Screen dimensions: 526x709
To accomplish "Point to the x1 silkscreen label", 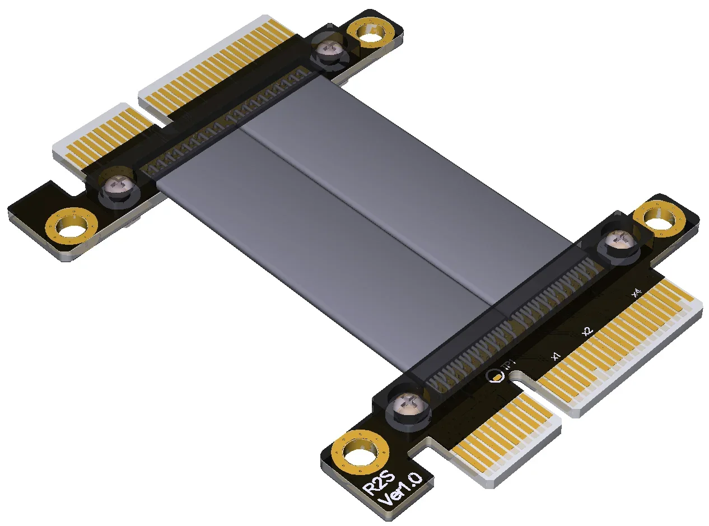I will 556,356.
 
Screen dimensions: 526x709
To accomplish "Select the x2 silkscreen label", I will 587,331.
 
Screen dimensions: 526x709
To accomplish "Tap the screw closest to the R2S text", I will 405,406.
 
